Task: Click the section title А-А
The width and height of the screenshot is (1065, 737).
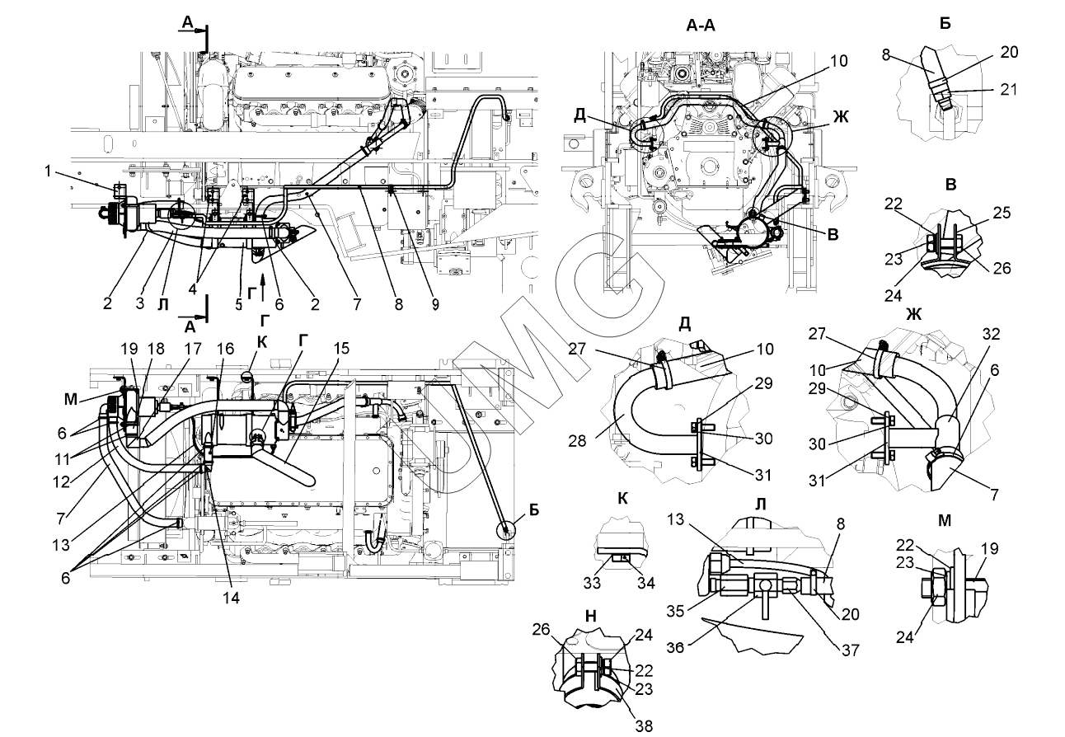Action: (700, 26)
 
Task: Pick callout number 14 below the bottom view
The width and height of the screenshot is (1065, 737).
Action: (232, 599)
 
